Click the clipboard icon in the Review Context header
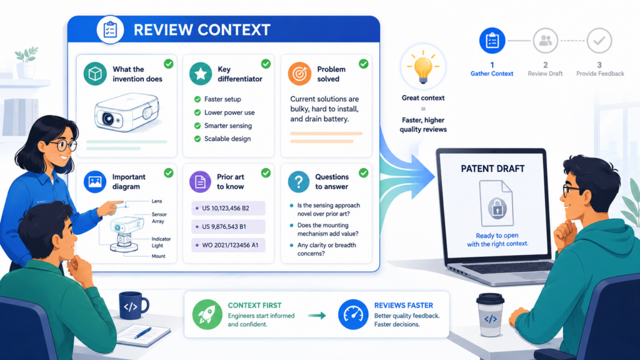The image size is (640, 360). [x=110, y=30]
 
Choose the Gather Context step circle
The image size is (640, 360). [x=492, y=41]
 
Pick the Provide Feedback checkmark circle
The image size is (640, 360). [x=599, y=41]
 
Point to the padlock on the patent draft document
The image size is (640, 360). [x=497, y=208]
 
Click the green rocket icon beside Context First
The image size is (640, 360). [x=207, y=315]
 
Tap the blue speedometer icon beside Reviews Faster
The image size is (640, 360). [x=353, y=315]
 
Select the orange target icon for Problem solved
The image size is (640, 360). [x=299, y=74]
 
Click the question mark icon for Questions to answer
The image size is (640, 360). [x=298, y=182]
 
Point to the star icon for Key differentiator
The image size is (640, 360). [x=201, y=74]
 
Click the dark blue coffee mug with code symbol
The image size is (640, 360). [x=133, y=305]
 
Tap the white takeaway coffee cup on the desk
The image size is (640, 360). [x=490, y=315]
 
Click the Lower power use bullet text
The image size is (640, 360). [x=229, y=112]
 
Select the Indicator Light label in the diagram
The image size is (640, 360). [x=161, y=242]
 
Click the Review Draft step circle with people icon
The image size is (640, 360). [x=545, y=41]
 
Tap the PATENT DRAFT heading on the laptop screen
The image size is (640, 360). [x=492, y=169]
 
